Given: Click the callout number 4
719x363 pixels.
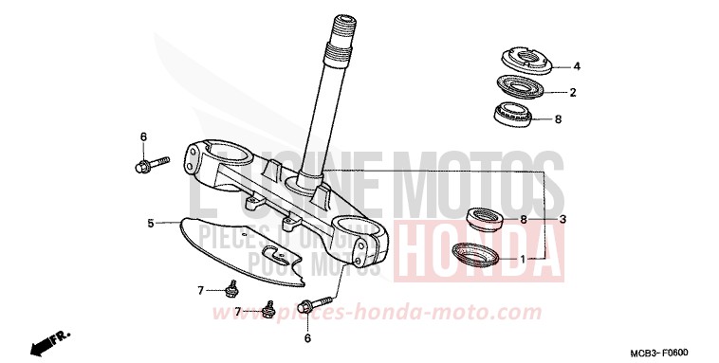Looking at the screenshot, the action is click(576, 66).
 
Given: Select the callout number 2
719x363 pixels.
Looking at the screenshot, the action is click(573, 93).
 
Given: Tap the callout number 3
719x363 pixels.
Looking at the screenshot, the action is click(562, 219).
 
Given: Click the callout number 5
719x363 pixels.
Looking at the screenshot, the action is click(150, 224).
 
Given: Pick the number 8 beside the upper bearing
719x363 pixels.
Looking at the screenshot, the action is click(558, 119).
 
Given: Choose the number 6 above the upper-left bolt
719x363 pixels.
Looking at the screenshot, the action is click(143, 136).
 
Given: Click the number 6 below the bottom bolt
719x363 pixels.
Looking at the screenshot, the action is click(306, 337).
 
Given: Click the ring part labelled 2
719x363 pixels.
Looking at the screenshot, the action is click(520, 88).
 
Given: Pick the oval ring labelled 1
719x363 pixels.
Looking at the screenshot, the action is click(475, 254).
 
